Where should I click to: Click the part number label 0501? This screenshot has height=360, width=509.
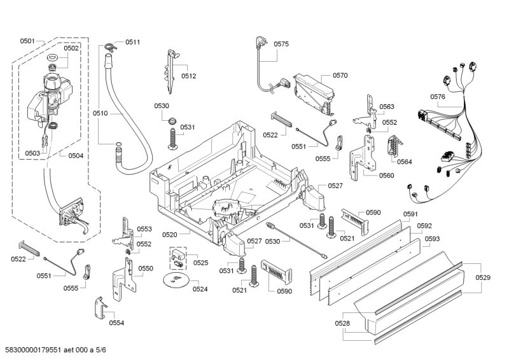(27, 41)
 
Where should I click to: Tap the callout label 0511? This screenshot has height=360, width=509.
(132, 42)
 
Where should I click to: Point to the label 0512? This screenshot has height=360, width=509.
(188, 76)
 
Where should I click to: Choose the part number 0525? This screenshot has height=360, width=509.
(200, 262)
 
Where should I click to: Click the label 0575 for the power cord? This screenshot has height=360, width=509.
(281, 44)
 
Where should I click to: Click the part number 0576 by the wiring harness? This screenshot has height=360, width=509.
(438, 97)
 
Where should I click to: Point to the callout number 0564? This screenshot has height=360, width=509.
(405, 162)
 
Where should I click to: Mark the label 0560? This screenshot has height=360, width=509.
(387, 175)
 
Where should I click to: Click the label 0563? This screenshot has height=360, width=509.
(387, 107)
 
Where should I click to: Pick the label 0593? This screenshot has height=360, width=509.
(433, 239)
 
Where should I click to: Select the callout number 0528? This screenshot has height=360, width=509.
(343, 324)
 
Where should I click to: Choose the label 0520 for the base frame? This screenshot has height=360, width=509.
(169, 234)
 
